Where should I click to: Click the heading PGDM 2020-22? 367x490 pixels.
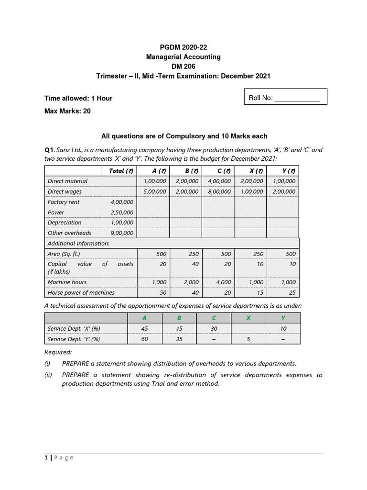pyautogui.click(x=183, y=47)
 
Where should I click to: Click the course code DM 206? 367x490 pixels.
pyautogui.click(x=183, y=67)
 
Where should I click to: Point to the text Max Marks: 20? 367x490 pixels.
pyautogui.click(x=67, y=111)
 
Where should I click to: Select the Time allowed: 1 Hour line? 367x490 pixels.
pyautogui.click(x=78, y=98)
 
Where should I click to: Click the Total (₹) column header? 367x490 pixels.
pyautogui.click(x=120, y=171)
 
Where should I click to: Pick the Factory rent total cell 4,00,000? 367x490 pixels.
pyautogui.click(x=122, y=202)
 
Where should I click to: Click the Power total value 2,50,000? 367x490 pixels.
pyautogui.click(x=122, y=212)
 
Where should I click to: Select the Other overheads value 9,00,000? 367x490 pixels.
pyautogui.click(x=122, y=233)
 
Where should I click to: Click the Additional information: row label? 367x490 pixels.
pyautogui.click(x=78, y=243)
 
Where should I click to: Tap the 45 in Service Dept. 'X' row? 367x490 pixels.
pyautogui.click(x=145, y=328)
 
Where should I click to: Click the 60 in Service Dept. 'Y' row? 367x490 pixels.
pyautogui.click(x=145, y=339)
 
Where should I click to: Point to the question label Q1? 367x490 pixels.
pyautogui.click(x=49, y=150)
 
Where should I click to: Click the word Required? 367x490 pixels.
pyautogui.click(x=58, y=353)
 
